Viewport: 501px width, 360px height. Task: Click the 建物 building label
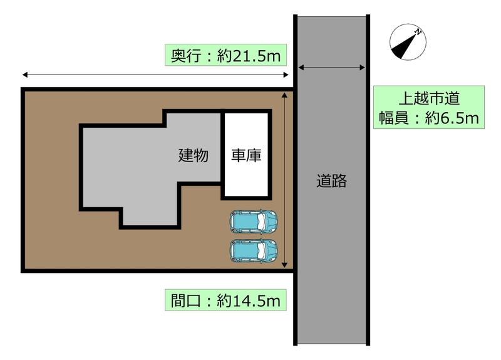point(194,155)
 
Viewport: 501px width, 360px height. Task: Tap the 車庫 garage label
point(246,155)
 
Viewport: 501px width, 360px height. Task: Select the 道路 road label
point(332,181)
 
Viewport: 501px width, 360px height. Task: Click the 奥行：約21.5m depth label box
point(225,55)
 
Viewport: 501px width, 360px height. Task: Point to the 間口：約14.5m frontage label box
point(225,300)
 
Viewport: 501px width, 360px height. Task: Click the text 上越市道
point(429,98)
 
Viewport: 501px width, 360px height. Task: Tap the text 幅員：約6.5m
point(429,118)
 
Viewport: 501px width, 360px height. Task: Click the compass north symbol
point(408,42)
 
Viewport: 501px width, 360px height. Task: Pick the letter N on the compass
point(418,31)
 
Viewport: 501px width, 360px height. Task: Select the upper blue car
point(254,222)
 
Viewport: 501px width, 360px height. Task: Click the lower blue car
point(254,251)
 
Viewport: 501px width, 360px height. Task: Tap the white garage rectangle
point(246,155)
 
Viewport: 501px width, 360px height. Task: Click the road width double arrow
point(332,68)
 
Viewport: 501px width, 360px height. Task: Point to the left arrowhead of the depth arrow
point(24,75)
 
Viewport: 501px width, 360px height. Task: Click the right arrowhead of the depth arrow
point(286,75)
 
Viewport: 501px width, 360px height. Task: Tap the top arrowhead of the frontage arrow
point(284,95)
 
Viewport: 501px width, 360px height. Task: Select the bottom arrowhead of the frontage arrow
point(284,265)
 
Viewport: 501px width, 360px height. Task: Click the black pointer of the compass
point(403,46)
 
